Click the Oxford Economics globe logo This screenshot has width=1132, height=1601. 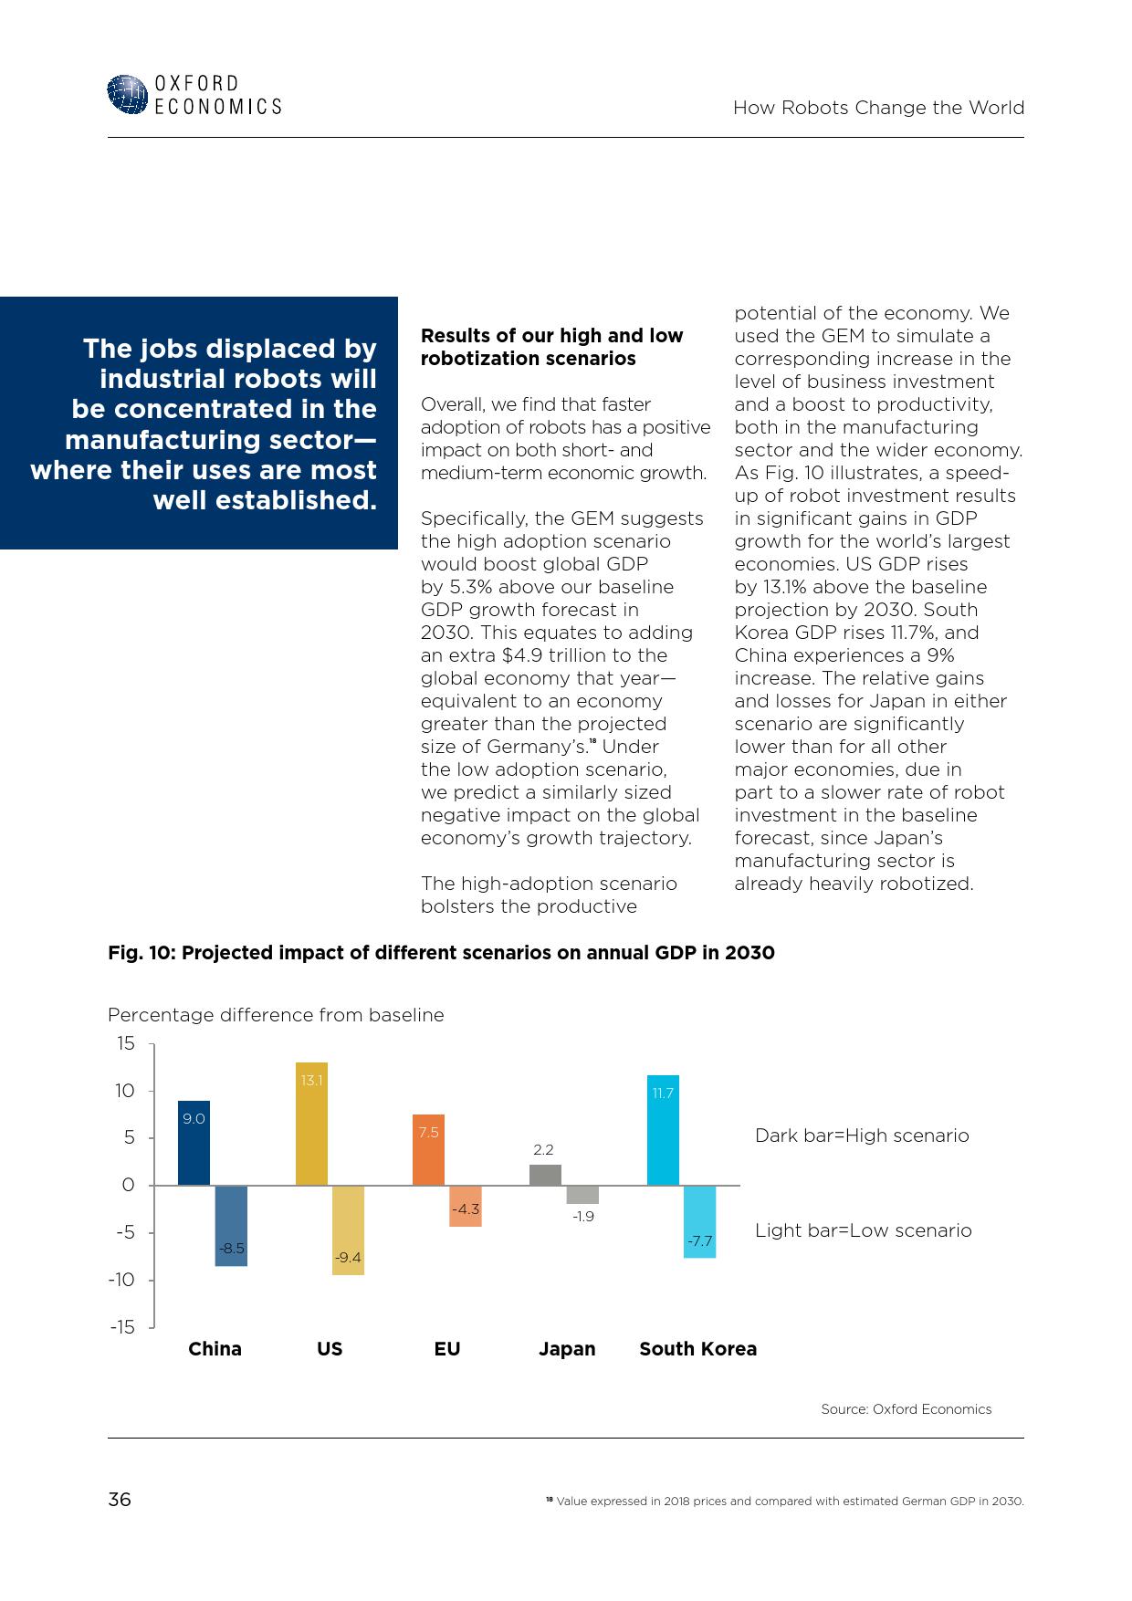(127, 95)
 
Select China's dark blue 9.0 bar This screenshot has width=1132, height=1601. (194, 1143)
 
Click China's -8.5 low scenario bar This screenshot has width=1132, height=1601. (231, 1226)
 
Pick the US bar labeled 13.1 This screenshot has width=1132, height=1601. (311, 1124)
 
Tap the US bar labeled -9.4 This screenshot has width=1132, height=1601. (348, 1230)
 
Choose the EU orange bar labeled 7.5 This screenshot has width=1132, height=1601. (428, 1150)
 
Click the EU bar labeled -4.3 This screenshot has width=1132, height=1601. (466, 1206)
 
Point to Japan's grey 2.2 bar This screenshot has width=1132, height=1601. (545, 1175)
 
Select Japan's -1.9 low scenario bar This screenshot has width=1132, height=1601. (582, 1195)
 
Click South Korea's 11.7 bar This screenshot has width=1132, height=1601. (663, 1130)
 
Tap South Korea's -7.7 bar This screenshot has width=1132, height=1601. (699, 1221)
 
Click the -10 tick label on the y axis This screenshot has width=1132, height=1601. (121, 1280)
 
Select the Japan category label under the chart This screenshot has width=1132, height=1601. (567, 1349)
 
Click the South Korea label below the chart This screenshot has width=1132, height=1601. (697, 1349)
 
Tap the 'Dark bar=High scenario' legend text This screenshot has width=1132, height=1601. (862, 1135)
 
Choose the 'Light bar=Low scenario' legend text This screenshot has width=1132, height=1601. (863, 1230)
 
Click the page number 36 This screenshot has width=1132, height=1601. (120, 1500)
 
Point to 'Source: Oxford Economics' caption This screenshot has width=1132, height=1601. (906, 1409)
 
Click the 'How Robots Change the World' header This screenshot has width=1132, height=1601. (878, 108)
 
